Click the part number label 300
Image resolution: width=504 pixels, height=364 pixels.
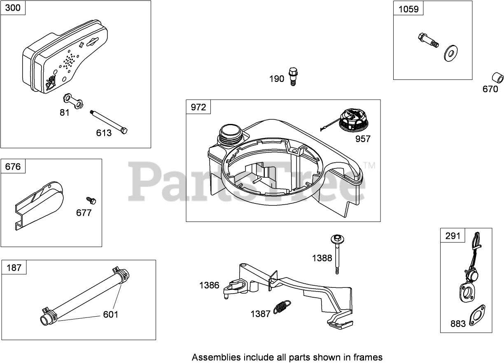point(13,8)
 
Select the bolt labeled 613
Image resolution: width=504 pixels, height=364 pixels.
point(109,122)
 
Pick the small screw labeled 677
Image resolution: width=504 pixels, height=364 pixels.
point(91,200)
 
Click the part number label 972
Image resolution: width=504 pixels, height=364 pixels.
point(198,107)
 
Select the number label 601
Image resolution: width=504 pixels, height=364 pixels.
point(110,315)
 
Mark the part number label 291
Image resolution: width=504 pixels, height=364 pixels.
point(453,236)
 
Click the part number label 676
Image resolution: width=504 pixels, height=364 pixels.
point(13,167)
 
